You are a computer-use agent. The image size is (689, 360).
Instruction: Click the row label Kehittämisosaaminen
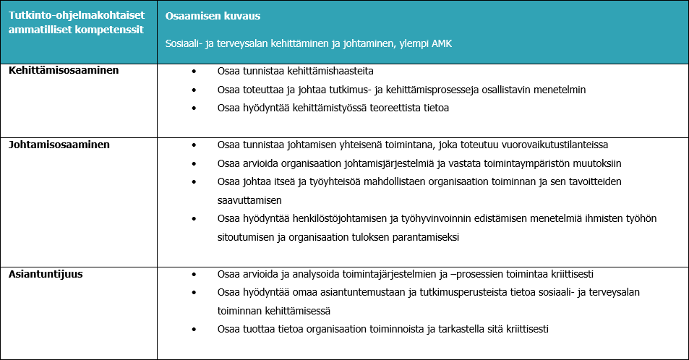(x=64, y=71)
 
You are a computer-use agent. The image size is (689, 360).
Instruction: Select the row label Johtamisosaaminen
(x=59, y=145)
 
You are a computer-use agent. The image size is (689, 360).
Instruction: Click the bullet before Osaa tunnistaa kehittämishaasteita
(x=194, y=72)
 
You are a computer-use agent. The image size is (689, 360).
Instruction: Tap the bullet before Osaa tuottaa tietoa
(x=194, y=329)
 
